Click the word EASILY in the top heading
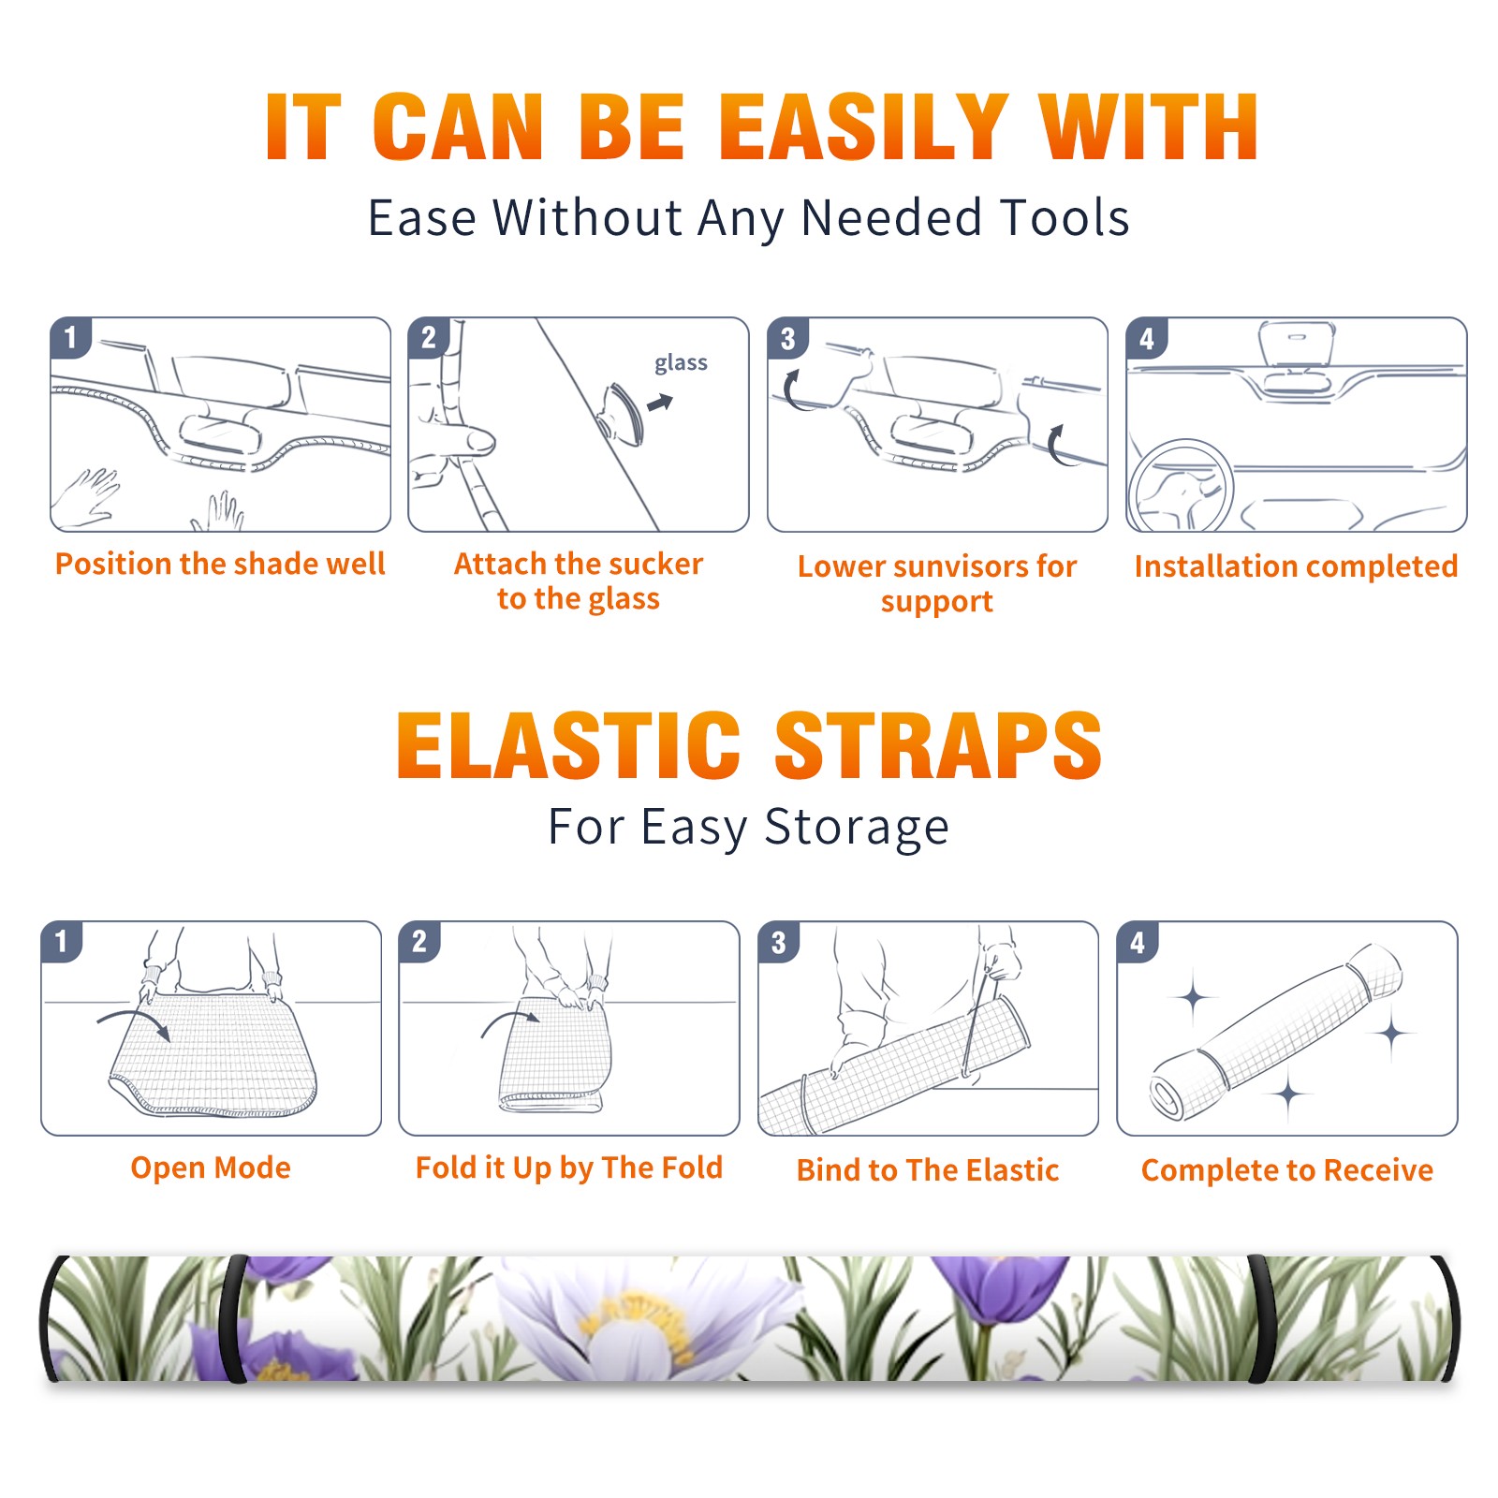862,127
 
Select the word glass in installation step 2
681,363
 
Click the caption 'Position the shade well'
220,564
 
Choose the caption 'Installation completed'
1296,566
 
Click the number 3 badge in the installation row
787,338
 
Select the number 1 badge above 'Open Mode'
62,941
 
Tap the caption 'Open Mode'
211,1168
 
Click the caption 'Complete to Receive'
1287,1170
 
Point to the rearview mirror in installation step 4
1297,345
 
